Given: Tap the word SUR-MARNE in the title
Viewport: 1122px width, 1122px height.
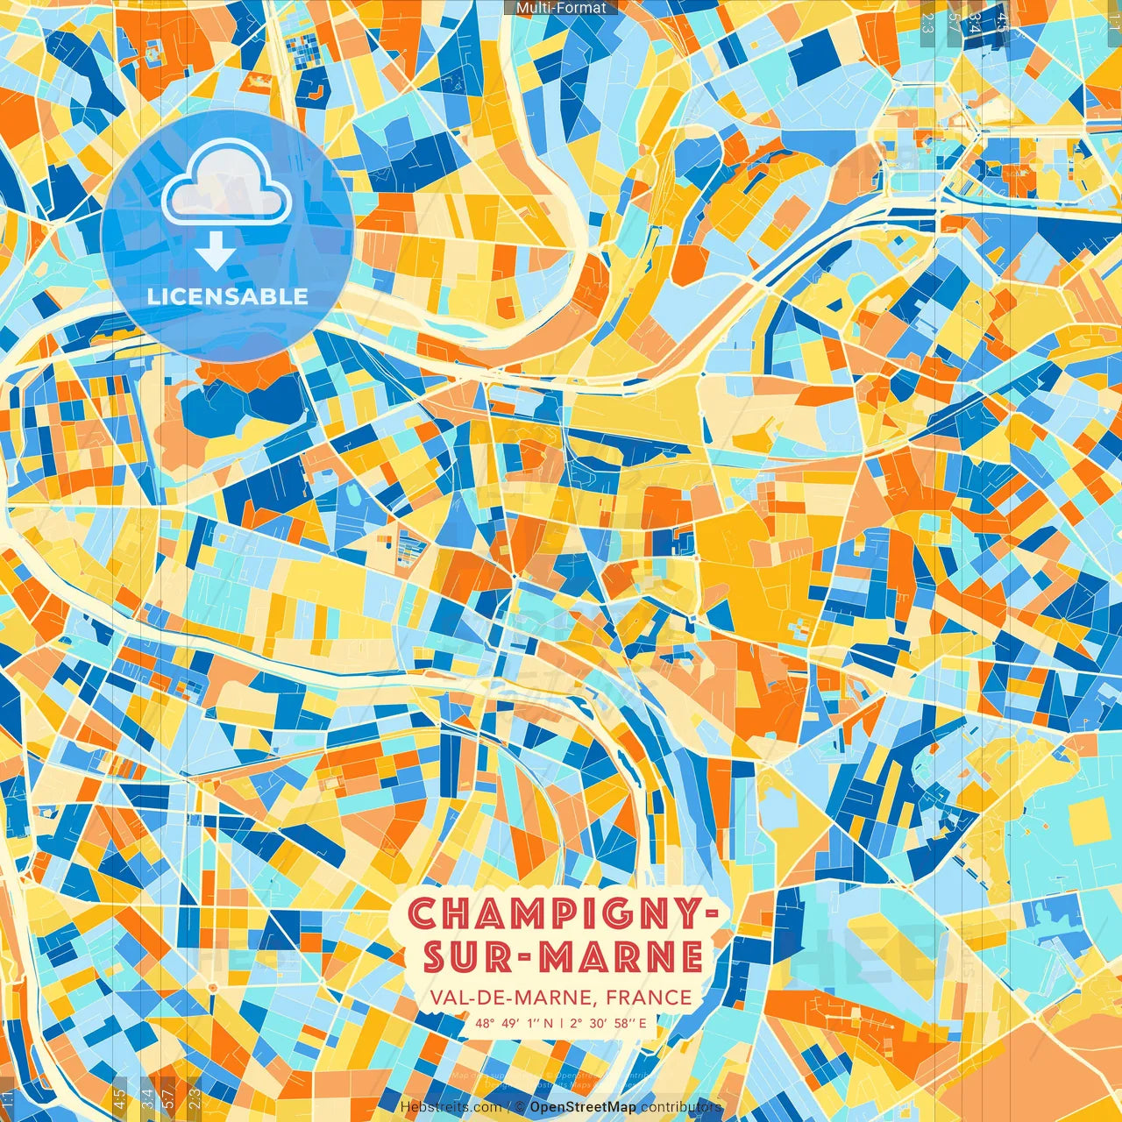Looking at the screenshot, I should tap(564, 957).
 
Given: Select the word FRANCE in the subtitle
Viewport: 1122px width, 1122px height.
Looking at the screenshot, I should tap(648, 998).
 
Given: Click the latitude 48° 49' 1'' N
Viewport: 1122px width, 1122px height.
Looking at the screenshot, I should tap(515, 1023).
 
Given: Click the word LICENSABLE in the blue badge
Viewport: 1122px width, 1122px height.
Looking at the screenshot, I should tap(227, 296).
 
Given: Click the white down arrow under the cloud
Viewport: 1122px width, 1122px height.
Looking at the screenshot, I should tap(215, 252).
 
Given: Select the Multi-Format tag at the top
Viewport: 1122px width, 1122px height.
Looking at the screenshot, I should tap(561, 8).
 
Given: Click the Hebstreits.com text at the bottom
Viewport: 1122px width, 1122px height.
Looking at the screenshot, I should tap(450, 1107).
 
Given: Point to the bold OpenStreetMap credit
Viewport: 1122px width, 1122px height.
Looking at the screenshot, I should tap(583, 1107).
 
